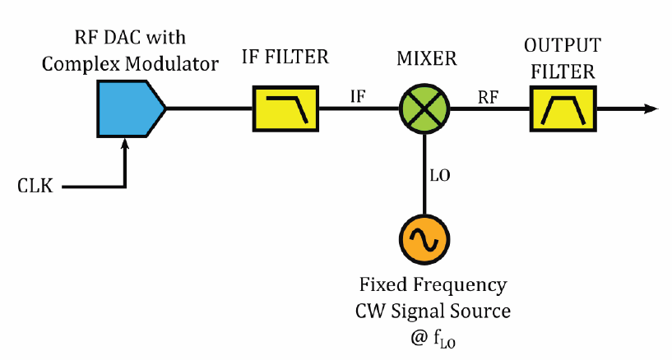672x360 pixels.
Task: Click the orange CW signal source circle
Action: click(425, 238)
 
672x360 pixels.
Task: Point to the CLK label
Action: click(35, 187)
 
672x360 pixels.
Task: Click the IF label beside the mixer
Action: click(358, 96)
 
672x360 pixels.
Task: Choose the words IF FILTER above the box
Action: click(285, 58)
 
